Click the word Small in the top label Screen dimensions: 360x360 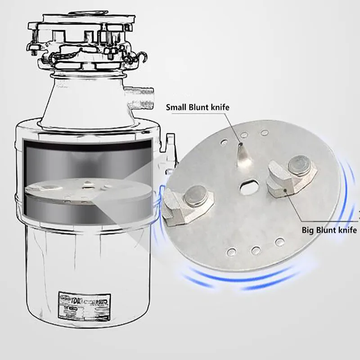point(177,108)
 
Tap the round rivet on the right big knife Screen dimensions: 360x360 point(299,164)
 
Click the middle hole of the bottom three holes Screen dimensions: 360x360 point(256,250)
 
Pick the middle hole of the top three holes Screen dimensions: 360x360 point(244,134)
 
